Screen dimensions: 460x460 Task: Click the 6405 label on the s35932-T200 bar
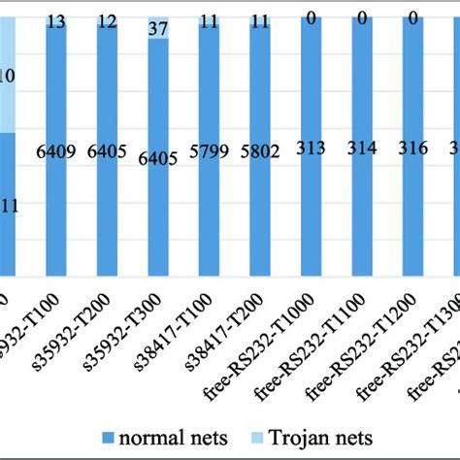pos(107,151)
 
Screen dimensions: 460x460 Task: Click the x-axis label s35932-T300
pos(143,331)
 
